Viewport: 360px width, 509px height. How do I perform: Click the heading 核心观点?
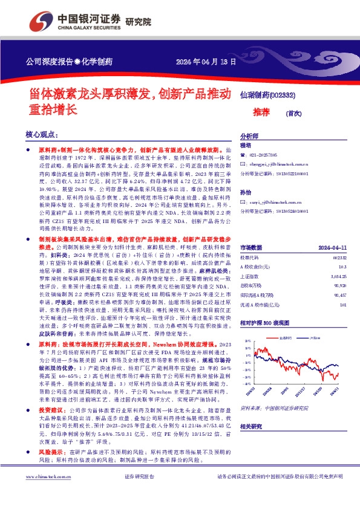coord(41,135)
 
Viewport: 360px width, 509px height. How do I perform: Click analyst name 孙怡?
coord(245,192)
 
